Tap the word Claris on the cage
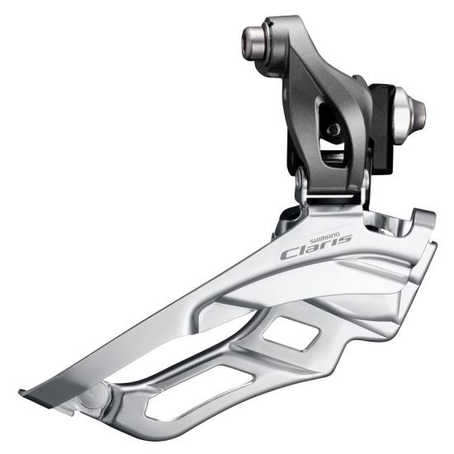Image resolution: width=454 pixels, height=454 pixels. pyautogui.click(x=315, y=248)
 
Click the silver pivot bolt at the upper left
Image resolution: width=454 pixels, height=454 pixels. pyautogui.click(x=258, y=38)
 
